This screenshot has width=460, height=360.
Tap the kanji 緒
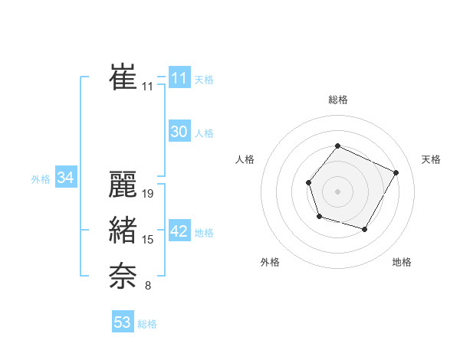[x=123, y=231]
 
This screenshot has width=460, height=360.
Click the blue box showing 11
[x=179, y=78]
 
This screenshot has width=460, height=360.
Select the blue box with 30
[x=179, y=132]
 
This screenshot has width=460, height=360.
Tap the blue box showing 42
[x=179, y=231]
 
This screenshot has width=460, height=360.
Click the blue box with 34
[x=65, y=178]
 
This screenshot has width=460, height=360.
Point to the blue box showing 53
[x=123, y=322]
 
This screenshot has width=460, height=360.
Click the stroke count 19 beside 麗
[x=149, y=195]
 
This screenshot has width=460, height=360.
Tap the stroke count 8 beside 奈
[x=148, y=286]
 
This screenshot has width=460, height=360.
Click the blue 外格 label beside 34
[x=41, y=179]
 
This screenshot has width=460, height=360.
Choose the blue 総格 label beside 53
[x=147, y=324]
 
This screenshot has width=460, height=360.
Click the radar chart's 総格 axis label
[x=337, y=100]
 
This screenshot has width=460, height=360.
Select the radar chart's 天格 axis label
[x=431, y=159]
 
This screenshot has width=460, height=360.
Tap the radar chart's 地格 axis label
[x=402, y=263]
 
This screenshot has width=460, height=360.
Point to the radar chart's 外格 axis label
[x=270, y=263]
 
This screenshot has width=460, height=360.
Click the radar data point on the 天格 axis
[x=396, y=172]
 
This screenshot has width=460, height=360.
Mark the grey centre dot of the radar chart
[x=337, y=190]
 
